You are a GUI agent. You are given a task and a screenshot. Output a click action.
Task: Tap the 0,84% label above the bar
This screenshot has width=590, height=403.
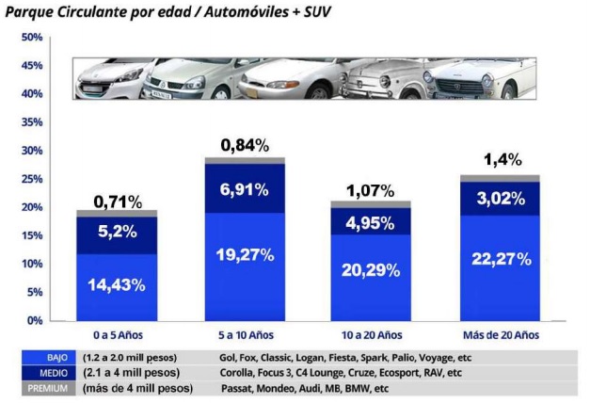click(245, 145)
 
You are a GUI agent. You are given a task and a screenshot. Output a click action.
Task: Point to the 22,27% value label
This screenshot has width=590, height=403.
click(500, 260)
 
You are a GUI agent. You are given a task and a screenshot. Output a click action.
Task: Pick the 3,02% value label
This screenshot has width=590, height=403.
click(500, 199)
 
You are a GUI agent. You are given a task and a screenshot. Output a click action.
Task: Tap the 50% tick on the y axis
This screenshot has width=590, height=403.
click(33, 38)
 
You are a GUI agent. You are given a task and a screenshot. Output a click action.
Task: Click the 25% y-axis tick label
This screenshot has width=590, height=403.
click(33, 179)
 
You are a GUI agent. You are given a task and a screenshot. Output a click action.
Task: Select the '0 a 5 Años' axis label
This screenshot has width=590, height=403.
click(118, 336)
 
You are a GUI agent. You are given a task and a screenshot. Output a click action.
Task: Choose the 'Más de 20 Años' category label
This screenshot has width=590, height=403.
click(500, 336)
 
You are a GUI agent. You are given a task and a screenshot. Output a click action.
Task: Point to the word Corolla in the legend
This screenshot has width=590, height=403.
click(236, 374)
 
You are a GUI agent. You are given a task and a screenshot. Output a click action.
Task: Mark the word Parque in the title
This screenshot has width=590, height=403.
click(28, 13)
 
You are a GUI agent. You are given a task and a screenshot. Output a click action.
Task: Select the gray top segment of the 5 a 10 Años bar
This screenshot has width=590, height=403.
click(245, 161)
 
